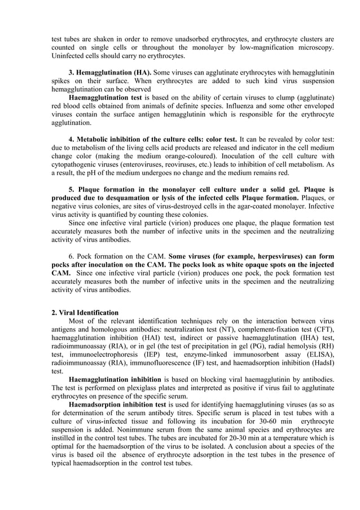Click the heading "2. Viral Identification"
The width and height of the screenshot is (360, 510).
click(85, 312)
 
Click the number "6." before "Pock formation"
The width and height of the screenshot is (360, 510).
click(72, 256)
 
